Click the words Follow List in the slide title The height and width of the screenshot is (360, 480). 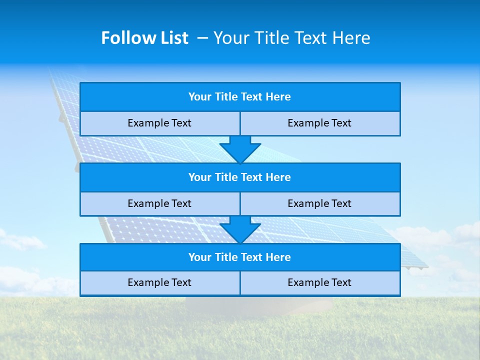144,38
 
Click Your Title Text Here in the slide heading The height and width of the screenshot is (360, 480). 292,38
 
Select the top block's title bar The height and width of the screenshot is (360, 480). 240,97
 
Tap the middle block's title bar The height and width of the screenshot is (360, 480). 240,177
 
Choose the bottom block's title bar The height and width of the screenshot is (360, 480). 240,257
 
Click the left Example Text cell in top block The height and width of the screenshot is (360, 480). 159,123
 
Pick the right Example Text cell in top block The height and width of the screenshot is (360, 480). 320,123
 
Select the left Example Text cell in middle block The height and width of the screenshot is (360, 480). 159,203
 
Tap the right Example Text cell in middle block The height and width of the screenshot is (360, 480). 320,203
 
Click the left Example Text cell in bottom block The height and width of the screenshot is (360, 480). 159,282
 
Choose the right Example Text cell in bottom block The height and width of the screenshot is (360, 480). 320,282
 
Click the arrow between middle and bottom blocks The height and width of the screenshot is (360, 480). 240,230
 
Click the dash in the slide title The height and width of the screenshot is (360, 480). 202,38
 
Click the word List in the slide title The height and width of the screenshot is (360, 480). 171,38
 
